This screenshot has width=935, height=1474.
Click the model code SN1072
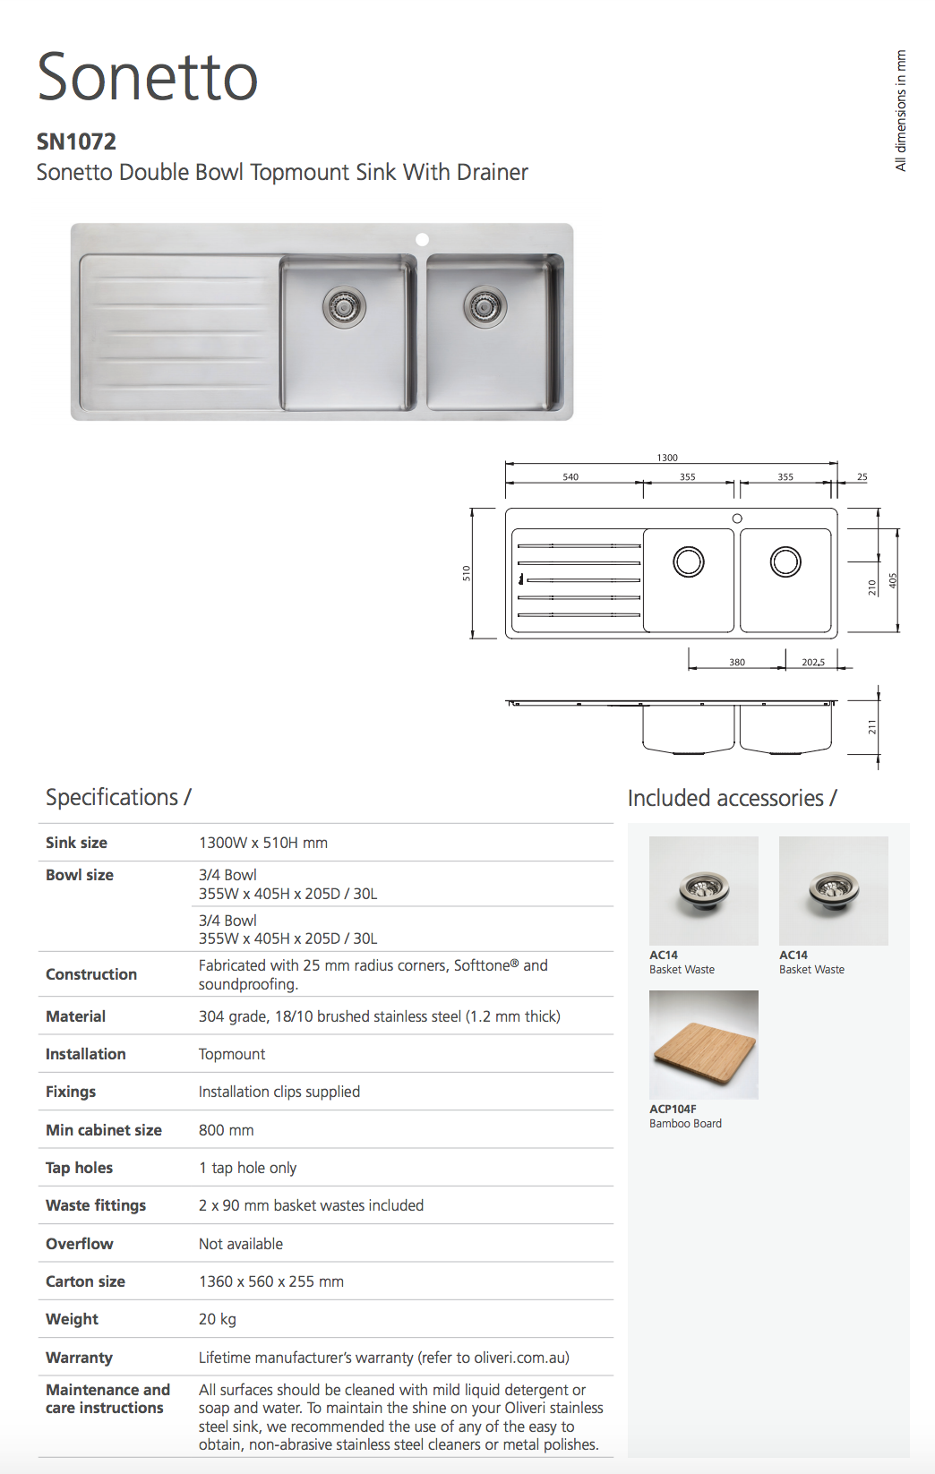76,141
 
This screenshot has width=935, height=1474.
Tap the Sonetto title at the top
148,77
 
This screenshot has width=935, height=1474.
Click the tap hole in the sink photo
423,239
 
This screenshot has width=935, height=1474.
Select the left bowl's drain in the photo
344,307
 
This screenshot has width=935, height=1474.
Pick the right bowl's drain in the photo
485,307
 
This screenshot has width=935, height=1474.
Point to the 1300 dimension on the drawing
667,458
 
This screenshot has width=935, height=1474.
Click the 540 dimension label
570,477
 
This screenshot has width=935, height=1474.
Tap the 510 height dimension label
467,573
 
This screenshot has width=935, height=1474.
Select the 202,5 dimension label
813,663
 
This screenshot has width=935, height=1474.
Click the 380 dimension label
737,663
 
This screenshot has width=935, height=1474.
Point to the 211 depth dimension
872,727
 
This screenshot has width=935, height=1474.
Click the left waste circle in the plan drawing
689,562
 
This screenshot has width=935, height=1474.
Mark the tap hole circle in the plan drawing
737,518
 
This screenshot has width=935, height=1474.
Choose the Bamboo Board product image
703,1044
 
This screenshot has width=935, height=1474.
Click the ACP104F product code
673,1109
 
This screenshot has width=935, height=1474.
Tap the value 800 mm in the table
227,1130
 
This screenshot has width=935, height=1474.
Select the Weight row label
72,1319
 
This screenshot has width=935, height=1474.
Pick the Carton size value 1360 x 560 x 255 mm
271,1281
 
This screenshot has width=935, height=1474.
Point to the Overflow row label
79,1244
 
